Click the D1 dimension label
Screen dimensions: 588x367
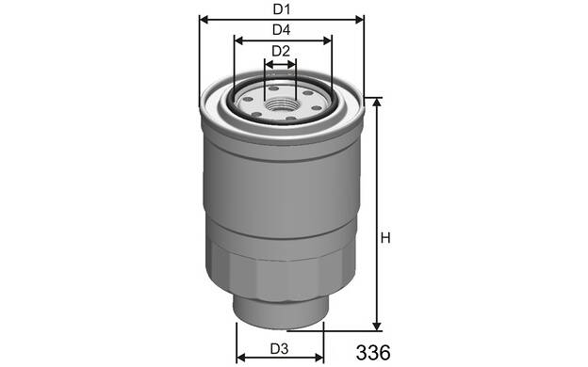[x=281, y=9]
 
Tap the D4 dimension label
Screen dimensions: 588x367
[x=281, y=30]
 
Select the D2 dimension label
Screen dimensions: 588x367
[x=281, y=51]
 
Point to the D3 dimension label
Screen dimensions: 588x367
[x=279, y=349]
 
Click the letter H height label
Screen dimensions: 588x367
[x=385, y=238]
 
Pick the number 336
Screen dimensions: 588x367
[x=373, y=352]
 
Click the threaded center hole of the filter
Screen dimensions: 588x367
[x=281, y=104]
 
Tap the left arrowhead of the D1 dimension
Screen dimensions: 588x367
[x=204, y=20]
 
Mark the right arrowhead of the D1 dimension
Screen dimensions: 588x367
[x=359, y=20]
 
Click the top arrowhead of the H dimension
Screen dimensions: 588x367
[x=377, y=103]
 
